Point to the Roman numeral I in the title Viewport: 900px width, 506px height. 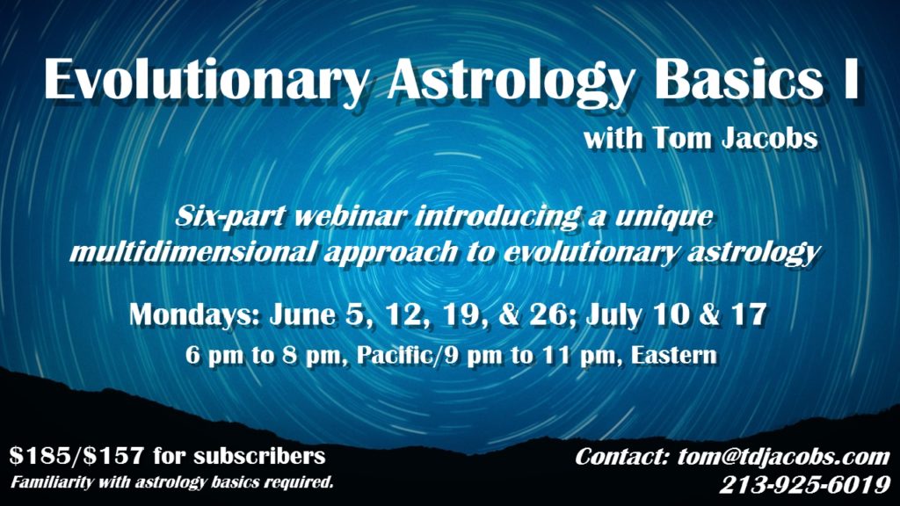pos(849,80)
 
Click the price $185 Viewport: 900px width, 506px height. pos(34,456)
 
